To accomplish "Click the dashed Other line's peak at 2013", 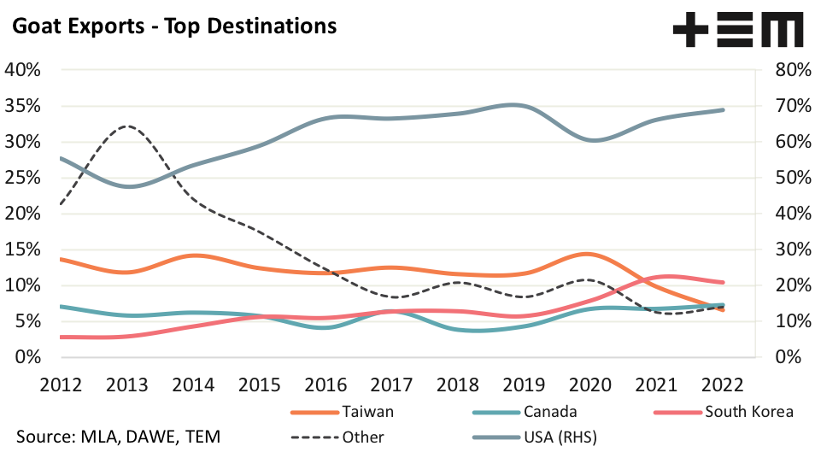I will (127, 126).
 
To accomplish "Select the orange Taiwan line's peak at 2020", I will (589, 254).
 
